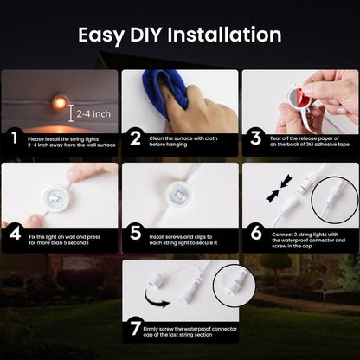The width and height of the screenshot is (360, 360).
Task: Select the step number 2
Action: click(x=134, y=138)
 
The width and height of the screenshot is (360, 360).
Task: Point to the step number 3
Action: click(x=254, y=138)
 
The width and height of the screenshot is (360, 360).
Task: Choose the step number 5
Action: click(x=134, y=233)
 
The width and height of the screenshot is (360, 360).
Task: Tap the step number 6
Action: click(x=254, y=233)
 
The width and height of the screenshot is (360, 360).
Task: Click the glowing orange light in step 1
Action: click(x=60, y=102)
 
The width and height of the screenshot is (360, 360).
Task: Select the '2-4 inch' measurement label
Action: click(x=94, y=113)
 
